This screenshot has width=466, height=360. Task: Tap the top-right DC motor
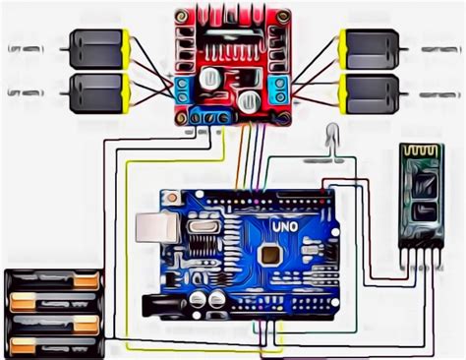[369, 46]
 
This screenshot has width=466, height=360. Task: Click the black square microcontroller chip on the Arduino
[267, 254]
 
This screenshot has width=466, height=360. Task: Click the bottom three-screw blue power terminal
[209, 116]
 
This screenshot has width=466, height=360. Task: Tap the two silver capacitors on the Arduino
[205, 297]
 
